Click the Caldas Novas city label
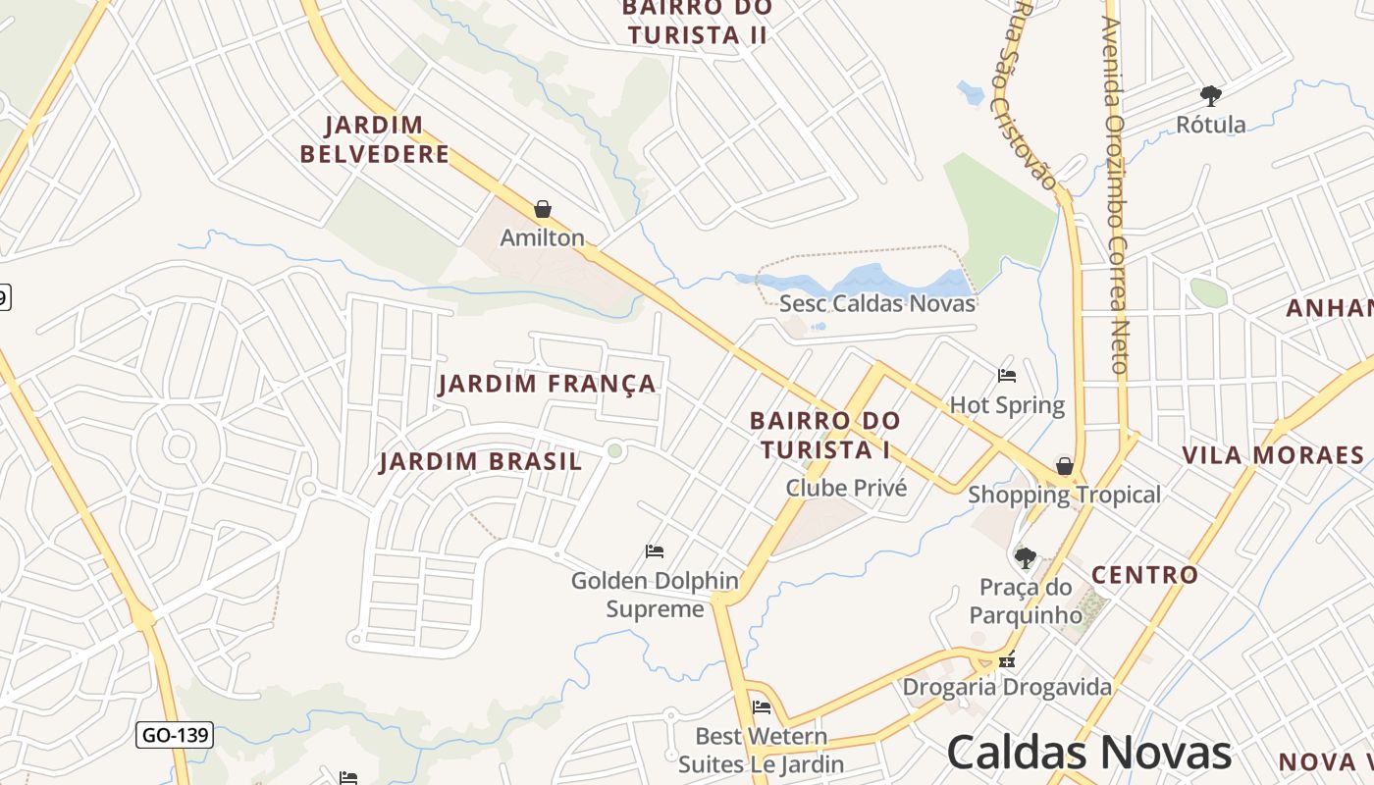1088,753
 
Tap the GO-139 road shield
174,734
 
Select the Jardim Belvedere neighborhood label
375,139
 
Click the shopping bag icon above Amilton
543,209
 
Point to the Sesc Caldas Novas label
877,303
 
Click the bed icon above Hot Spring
1007,375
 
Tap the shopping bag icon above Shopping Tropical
1065,465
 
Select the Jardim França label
547,384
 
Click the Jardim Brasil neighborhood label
481,461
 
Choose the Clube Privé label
846,488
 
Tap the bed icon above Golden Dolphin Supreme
655,550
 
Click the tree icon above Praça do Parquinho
1026,558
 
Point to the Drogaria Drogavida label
1007,686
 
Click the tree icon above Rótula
1211,95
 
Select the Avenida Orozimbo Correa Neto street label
1116,196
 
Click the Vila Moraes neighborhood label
1273,455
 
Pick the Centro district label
1144,575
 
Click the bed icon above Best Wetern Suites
762,706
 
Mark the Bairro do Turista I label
824,435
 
